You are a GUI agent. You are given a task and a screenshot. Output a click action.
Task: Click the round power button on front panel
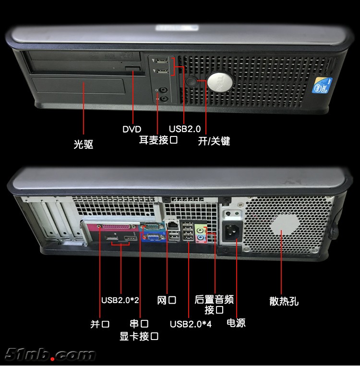(191, 81)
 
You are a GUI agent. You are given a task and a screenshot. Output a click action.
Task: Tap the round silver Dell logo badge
(220, 82)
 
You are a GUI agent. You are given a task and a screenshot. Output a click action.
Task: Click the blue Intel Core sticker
(322, 85)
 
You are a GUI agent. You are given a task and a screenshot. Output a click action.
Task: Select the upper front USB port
(162, 61)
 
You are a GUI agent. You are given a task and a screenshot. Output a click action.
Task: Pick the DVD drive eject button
(133, 68)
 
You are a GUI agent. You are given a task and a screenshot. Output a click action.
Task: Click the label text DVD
(132, 129)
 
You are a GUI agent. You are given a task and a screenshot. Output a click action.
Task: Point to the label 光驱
(84, 144)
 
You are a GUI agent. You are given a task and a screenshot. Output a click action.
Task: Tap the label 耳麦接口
(158, 140)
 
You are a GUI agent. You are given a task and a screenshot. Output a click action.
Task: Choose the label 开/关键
(214, 141)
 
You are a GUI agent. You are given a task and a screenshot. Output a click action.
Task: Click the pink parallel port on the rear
(117, 227)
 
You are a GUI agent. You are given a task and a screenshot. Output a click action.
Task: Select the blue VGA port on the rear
(154, 238)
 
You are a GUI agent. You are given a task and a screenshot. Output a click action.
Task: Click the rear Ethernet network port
(172, 225)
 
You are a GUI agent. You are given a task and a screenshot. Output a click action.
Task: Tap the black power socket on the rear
(232, 232)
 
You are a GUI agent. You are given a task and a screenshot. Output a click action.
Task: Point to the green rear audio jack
(200, 231)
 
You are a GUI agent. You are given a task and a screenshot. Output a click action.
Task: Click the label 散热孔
(284, 301)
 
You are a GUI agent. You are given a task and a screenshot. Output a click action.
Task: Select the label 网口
(167, 300)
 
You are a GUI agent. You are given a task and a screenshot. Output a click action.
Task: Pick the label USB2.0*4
(191, 324)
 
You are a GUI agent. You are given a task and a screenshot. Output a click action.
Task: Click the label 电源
(236, 323)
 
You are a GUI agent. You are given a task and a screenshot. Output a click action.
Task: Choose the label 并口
(100, 324)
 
